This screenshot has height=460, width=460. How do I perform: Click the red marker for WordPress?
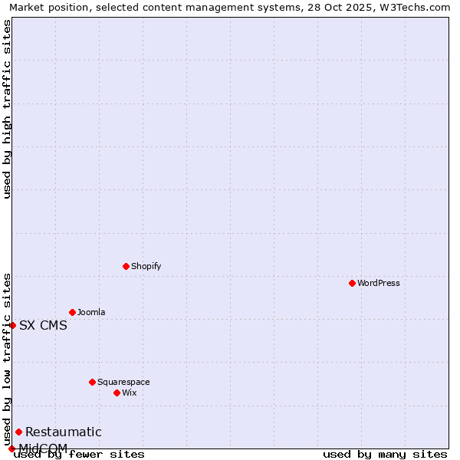[352, 283]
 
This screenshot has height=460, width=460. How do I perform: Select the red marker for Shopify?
[126, 266]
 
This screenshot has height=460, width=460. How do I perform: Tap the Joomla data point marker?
[72, 312]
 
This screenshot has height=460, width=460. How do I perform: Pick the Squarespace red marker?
[92, 382]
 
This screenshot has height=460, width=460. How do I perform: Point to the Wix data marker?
[117, 393]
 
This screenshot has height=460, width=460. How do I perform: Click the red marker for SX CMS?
[12, 325]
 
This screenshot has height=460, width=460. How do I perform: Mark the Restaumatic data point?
[18, 432]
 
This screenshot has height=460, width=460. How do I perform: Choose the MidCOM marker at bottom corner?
[11, 449]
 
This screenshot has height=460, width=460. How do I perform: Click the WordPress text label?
[379, 283]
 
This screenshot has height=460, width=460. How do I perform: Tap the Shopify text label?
[146, 266]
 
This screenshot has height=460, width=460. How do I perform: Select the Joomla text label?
[91, 312]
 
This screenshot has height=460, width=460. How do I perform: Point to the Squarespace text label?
[123, 382]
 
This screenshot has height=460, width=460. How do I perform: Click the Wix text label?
[129, 393]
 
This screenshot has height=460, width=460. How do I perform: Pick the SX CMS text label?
[43, 325]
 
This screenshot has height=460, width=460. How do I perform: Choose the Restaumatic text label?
[63, 432]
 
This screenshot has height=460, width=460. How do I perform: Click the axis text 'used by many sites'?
[385, 454]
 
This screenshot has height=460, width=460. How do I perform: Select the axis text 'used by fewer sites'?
[79, 454]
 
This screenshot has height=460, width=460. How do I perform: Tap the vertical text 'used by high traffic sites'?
[7, 109]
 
